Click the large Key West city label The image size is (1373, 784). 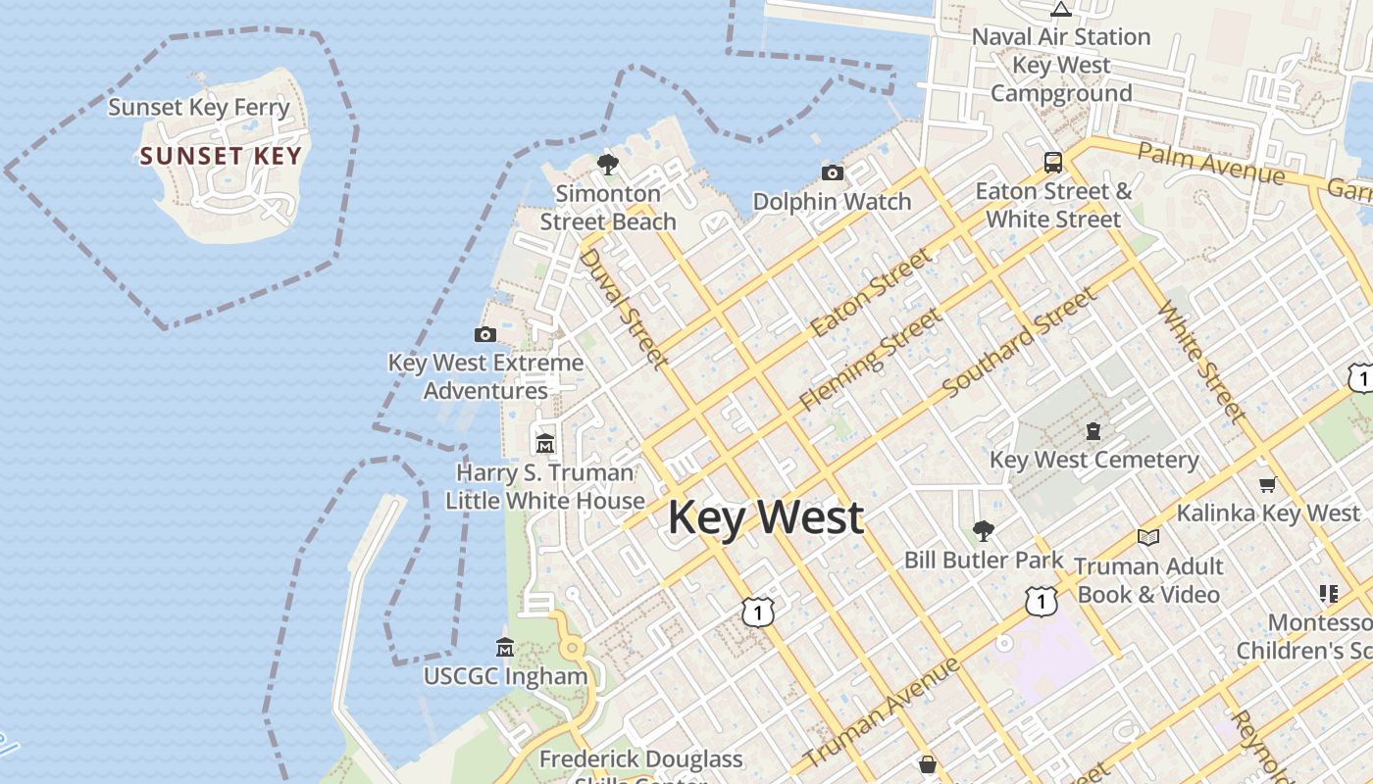pos(765,517)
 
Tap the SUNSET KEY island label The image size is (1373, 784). pos(221,156)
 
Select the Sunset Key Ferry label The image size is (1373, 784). pos(199,107)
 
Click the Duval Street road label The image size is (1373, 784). pos(624,308)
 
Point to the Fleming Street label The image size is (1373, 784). pos(870,358)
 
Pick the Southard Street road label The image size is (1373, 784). pos(1018,343)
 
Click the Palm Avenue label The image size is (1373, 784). pos(1210,164)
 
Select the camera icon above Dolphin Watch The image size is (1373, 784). pos(833,173)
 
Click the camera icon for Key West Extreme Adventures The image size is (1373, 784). pos(485,334)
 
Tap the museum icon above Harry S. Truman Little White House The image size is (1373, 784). pos(545,443)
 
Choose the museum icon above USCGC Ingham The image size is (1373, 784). pos(505,647)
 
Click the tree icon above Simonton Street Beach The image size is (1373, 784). pos(608,164)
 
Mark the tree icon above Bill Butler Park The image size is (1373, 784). pos(983,531)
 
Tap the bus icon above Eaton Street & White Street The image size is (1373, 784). pos(1053,162)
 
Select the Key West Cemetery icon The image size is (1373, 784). pos(1093,431)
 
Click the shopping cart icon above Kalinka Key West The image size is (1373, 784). pos(1267,484)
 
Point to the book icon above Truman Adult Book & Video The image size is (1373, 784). pos(1147,537)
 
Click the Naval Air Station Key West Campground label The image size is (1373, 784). pos(1061,65)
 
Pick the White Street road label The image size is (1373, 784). pos(1202,362)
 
